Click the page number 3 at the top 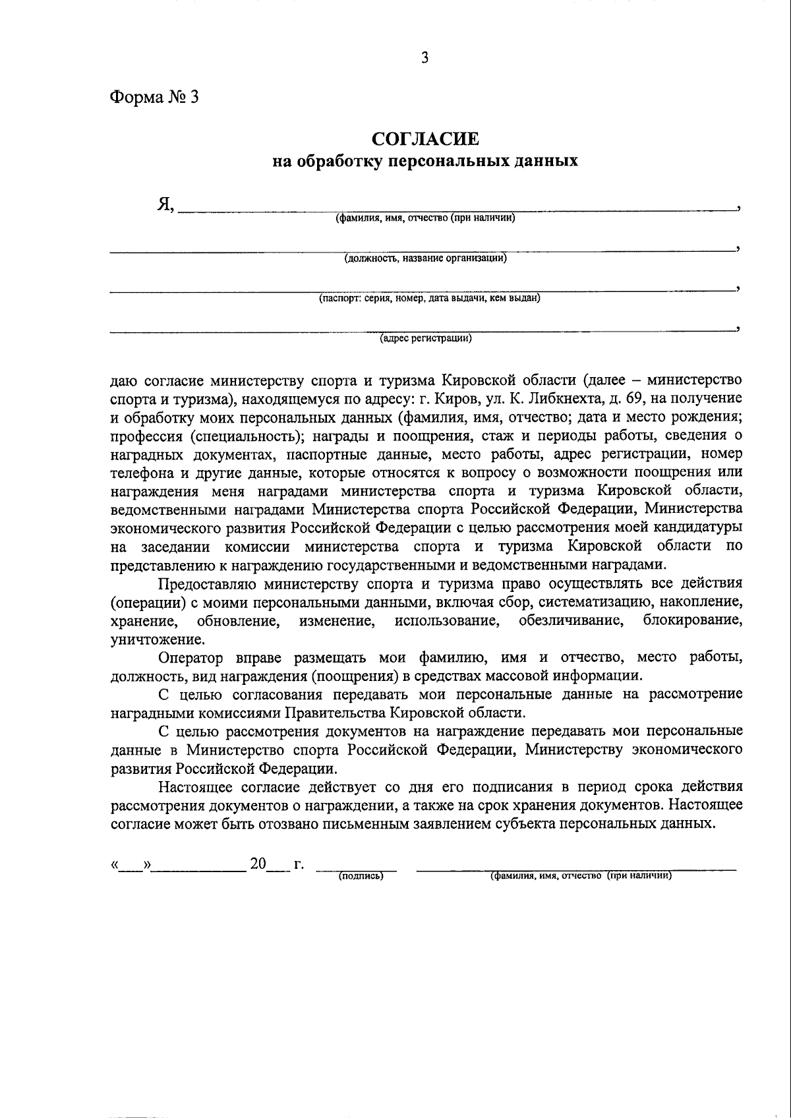(425, 58)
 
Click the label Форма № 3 (153, 98)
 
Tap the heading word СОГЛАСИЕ (425, 139)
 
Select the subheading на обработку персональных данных (425, 160)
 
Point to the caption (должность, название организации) (425, 258)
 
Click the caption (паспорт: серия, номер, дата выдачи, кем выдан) (429, 299)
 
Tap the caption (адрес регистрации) (425, 339)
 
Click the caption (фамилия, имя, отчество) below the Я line (425, 218)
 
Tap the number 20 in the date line (258, 864)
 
